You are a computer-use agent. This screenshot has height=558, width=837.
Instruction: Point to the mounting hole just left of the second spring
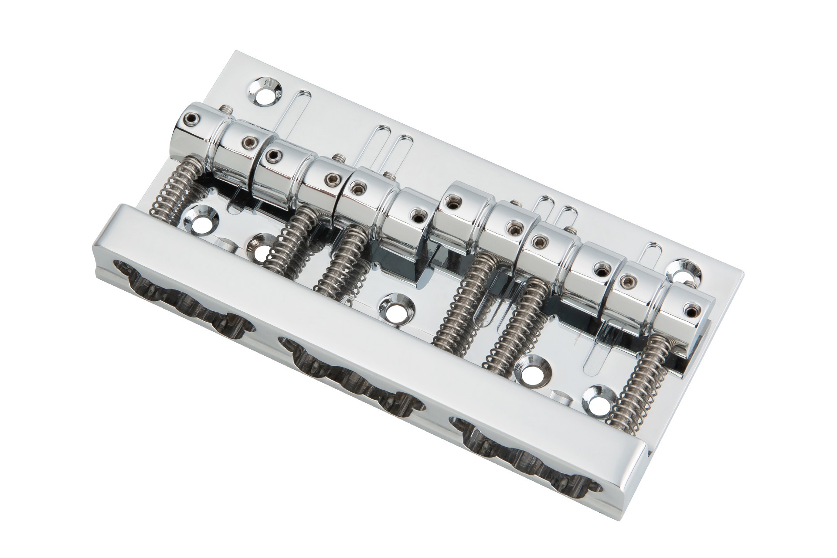click(x=260, y=248)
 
